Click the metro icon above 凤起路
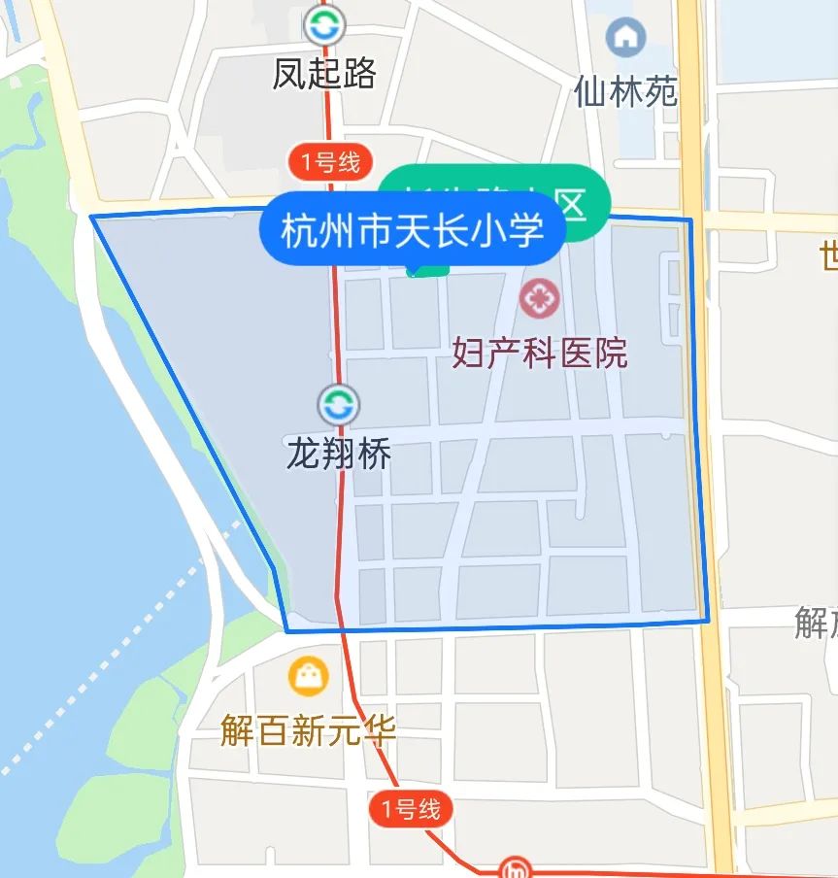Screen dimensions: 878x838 pyautogui.click(x=324, y=25)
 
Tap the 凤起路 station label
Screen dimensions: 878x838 pyautogui.click(x=324, y=73)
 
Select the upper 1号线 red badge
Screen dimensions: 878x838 pyautogui.click(x=330, y=161)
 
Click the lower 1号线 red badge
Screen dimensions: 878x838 pyautogui.click(x=411, y=808)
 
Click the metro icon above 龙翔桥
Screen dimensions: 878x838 pyautogui.click(x=338, y=404)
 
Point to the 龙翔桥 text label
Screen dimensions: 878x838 pyautogui.click(x=338, y=454)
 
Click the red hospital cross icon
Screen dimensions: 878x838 pyautogui.click(x=539, y=298)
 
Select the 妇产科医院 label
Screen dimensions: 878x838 pyautogui.click(x=540, y=353)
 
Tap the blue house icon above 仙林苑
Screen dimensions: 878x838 pyautogui.click(x=625, y=39)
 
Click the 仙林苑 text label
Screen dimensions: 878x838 pyautogui.click(x=625, y=92)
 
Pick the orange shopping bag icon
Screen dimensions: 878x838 pyautogui.click(x=308, y=676)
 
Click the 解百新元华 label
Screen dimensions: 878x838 pyautogui.click(x=308, y=730)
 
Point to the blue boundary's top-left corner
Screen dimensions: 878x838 pyautogui.click(x=93, y=217)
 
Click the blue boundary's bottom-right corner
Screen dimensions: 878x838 pyautogui.click(x=708, y=620)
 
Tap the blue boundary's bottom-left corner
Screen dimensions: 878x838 pyautogui.click(x=286, y=630)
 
